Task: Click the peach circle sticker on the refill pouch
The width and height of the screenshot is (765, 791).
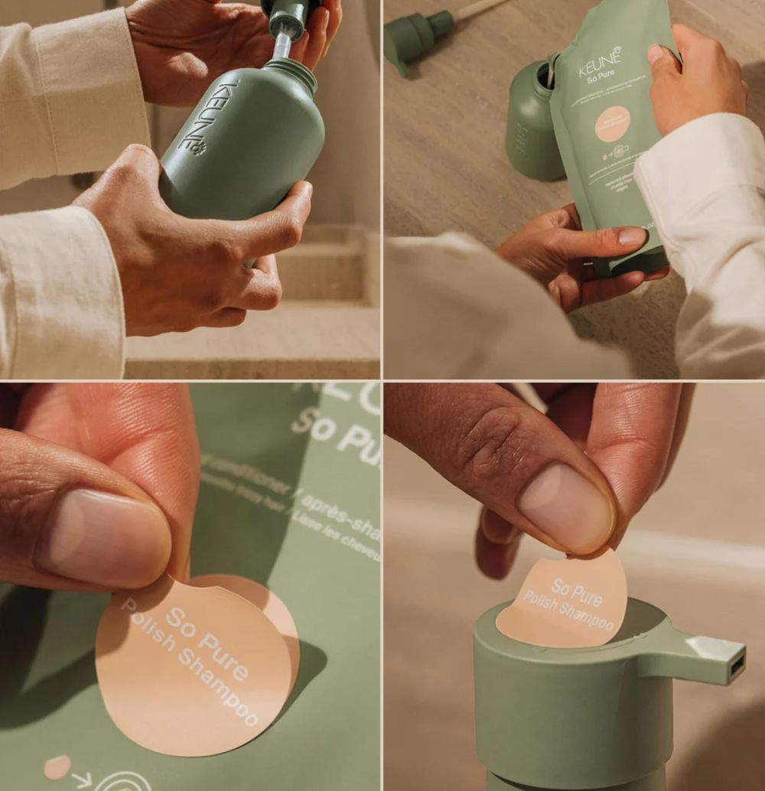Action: tap(612, 124)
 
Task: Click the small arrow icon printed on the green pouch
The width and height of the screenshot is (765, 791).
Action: tap(82, 780)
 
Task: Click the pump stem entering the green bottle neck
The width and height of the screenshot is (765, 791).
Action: tap(282, 46)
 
